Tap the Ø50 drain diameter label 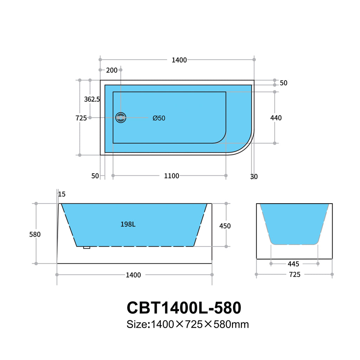(159, 118)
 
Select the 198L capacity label (128, 224)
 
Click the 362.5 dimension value (92, 99)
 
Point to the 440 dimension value (276, 118)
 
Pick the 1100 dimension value (172, 176)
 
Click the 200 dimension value (111, 70)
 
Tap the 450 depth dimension (225, 226)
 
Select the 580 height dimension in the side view (35, 234)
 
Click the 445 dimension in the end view (294, 264)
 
